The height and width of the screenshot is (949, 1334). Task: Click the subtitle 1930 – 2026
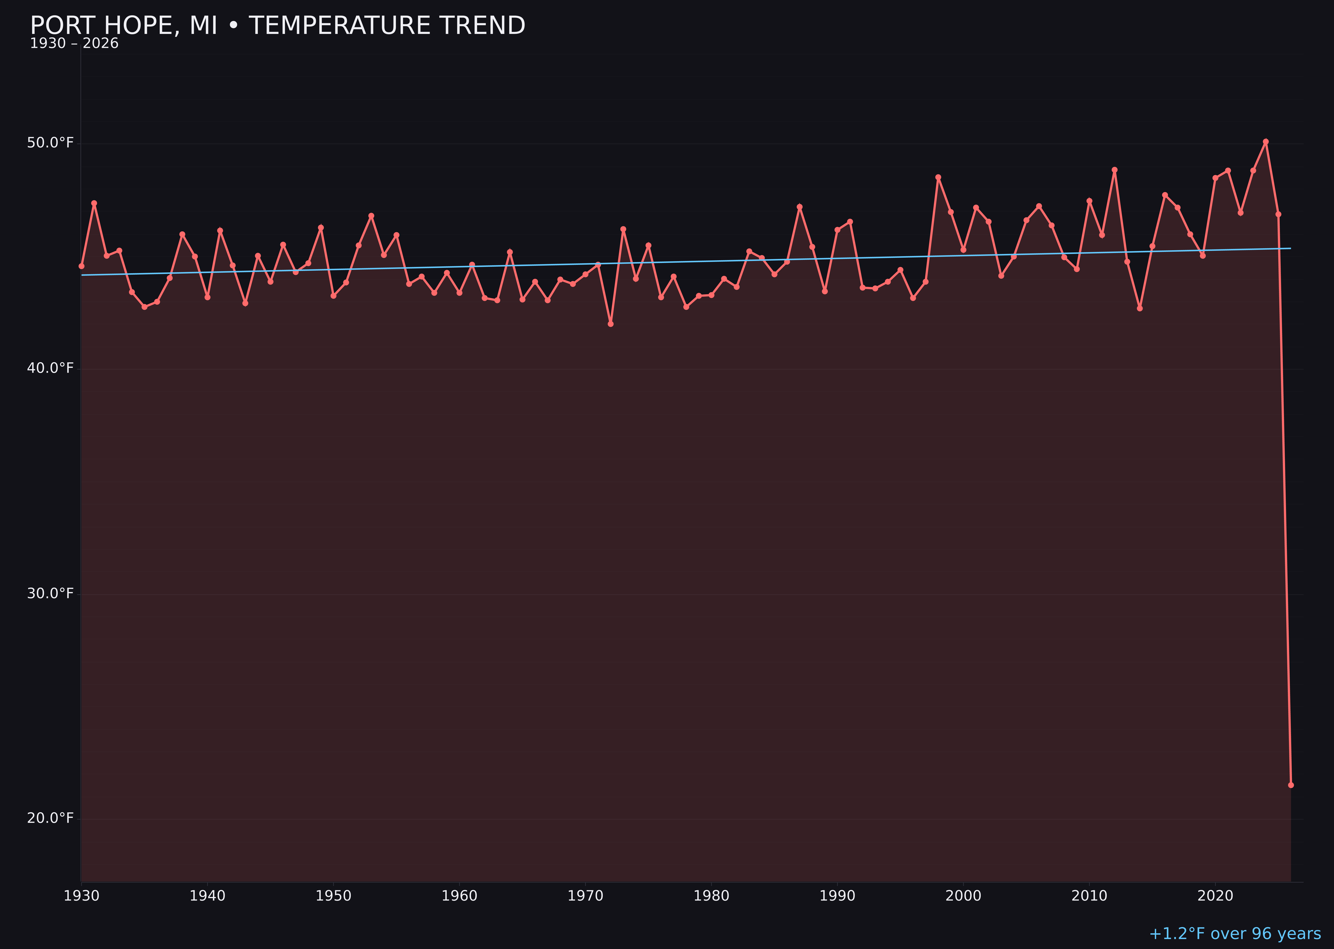point(74,44)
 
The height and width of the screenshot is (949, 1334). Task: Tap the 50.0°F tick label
point(50,143)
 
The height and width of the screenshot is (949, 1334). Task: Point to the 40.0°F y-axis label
point(50,368)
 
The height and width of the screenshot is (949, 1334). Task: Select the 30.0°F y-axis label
point(50,594)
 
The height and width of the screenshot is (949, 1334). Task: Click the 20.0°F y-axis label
point(50,818)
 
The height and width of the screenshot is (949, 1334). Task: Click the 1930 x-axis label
point(81,896)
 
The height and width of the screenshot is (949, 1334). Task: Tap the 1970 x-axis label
point(585,896)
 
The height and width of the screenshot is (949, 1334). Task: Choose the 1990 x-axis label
point(837,896)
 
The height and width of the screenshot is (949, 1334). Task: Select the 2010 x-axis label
point(1089,896)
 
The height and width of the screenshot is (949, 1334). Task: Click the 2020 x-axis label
point(1215,896)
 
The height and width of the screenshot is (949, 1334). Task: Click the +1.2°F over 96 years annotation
point(1235,934)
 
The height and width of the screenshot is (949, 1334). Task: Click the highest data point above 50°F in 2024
point(1266,141)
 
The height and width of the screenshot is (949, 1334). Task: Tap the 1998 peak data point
point(938,177)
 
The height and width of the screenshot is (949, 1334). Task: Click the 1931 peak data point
point(94,203)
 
